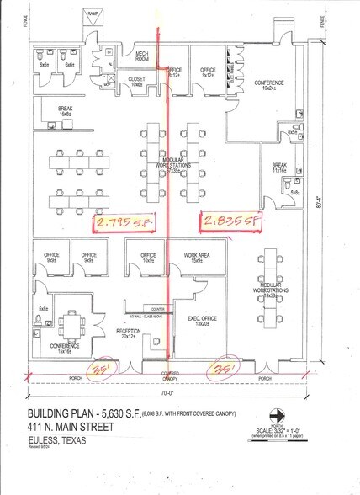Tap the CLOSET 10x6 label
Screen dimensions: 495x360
coord(137,82)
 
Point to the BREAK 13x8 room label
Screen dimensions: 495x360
coord(65,111)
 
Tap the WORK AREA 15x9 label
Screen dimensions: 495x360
coord(196,258)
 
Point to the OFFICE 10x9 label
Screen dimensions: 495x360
coord(149,258)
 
